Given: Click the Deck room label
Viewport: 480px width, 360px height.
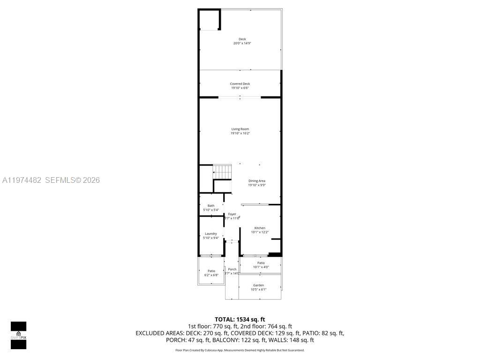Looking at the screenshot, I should (x=242, y=39).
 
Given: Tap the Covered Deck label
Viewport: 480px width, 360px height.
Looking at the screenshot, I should (x=240, y=84).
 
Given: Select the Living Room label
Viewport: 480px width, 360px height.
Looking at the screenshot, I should (x=240, y=129).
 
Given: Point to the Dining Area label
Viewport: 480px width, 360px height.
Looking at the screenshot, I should (x=257, y=181).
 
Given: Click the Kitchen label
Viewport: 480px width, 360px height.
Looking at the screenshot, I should (x=260, y=228).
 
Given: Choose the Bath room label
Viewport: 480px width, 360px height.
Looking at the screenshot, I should (x=211, y=206).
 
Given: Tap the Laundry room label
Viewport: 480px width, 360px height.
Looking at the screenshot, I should (x=210, y=234).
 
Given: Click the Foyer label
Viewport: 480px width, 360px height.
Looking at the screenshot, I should (x=232, y=214).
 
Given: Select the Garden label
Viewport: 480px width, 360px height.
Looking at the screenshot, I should (x=258, y=285).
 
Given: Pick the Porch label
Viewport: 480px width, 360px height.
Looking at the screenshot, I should (x=232, y=270).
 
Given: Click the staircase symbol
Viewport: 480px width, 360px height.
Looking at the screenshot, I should (x=223, y=172).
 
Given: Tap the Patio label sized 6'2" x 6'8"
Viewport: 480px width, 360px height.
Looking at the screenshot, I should (x=211, y=271).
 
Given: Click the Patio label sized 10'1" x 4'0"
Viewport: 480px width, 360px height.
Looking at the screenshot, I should (x=261, y=263).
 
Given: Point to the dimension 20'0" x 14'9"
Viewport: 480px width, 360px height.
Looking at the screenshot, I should (x=242, y=44).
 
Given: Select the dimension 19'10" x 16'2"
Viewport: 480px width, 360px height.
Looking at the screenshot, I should (x=240, y=133).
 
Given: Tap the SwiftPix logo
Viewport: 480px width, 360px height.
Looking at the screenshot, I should (x=18, y=335).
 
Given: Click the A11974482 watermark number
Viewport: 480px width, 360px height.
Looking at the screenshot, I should (x=22, y=180).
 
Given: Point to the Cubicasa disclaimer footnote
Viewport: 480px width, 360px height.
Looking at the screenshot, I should (x=240, y=350).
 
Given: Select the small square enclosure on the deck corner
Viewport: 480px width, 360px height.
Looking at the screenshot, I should (x=210, y=20).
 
